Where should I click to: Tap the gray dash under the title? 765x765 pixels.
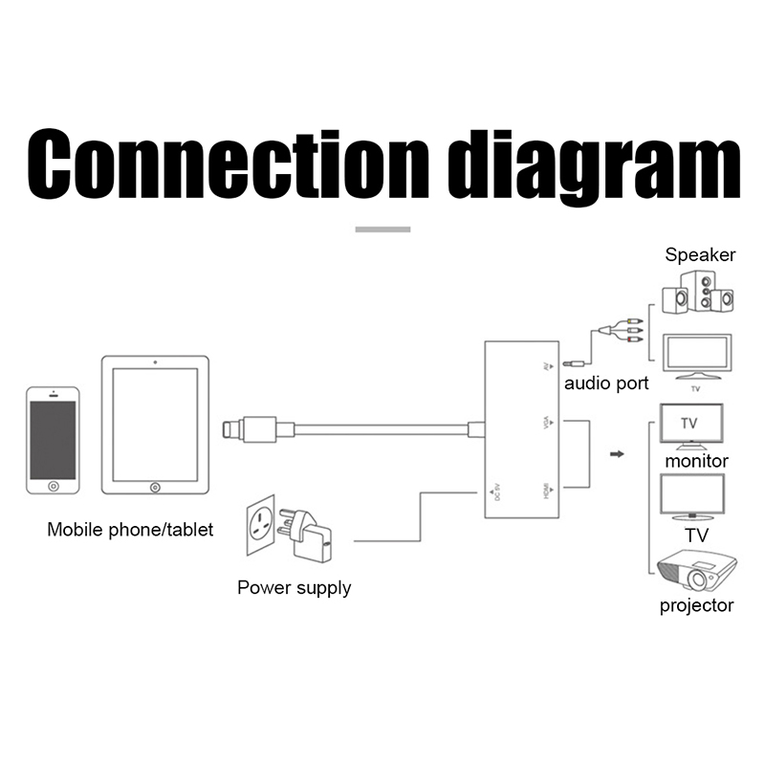[x=382, y=229]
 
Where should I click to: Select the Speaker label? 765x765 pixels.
[x=700, y=255]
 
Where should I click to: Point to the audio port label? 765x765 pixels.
[x=605, y=383]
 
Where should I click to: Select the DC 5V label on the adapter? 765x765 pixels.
[x=494, y=492]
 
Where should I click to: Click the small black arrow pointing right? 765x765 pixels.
[x=616, y=454]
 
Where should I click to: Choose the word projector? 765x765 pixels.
[x=696, y=605]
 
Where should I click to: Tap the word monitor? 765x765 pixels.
[x=696, y=461]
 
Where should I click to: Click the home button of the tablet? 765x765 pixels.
[x=155, y=488]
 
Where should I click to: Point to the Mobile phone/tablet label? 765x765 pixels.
[x=130, y=530]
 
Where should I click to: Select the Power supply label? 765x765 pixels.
[x=294, y=587]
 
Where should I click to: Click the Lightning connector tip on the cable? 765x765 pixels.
[x=229, y=427]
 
